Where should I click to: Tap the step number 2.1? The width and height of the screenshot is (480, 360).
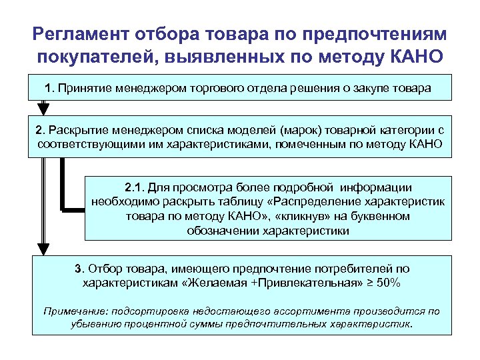point(134,188)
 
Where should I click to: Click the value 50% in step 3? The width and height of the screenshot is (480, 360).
point(387,283)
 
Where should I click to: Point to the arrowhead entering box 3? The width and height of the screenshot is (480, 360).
point(43,250)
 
